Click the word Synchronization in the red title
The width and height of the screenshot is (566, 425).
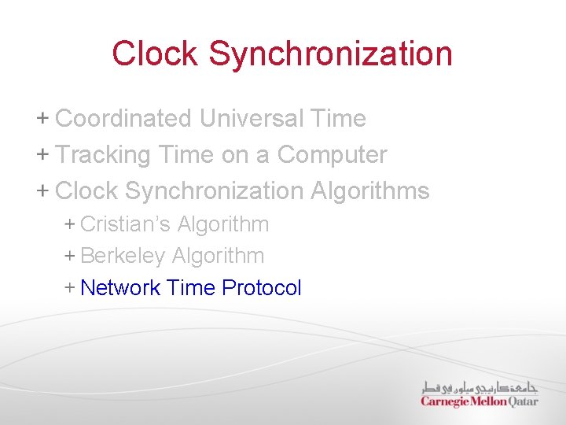pyautogui.click(x=331, y=54)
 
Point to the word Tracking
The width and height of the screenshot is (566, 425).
pyautogui.click(x=103, y=155)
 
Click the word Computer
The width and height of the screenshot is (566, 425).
pyautogui.click(x=332, y=155)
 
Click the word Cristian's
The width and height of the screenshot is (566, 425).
pyautogui.click(x=125, y=224)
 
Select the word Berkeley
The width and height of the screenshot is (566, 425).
pyautogui.click(x=123, y=256)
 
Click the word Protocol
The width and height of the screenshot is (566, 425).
pyautogui.click(x=262, y=288)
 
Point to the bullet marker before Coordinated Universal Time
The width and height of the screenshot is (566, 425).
pyautogui.click(x=42, y=119)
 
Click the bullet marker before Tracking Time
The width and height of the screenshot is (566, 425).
pyautogui.click(x=42, y=154)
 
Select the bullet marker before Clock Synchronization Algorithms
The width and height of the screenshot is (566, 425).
pyautogui.click(x=42, y=190)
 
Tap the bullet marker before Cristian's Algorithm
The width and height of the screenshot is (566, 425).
pyautogui.click(x=69, y=224)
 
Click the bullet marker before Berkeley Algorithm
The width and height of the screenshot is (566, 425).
pyautogui.click(x=69, y=256)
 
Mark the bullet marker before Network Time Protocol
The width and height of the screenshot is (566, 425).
pyautogui.click(x=69, y=288)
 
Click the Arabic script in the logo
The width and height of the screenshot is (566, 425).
pyautogui.click(x=480, y=387)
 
